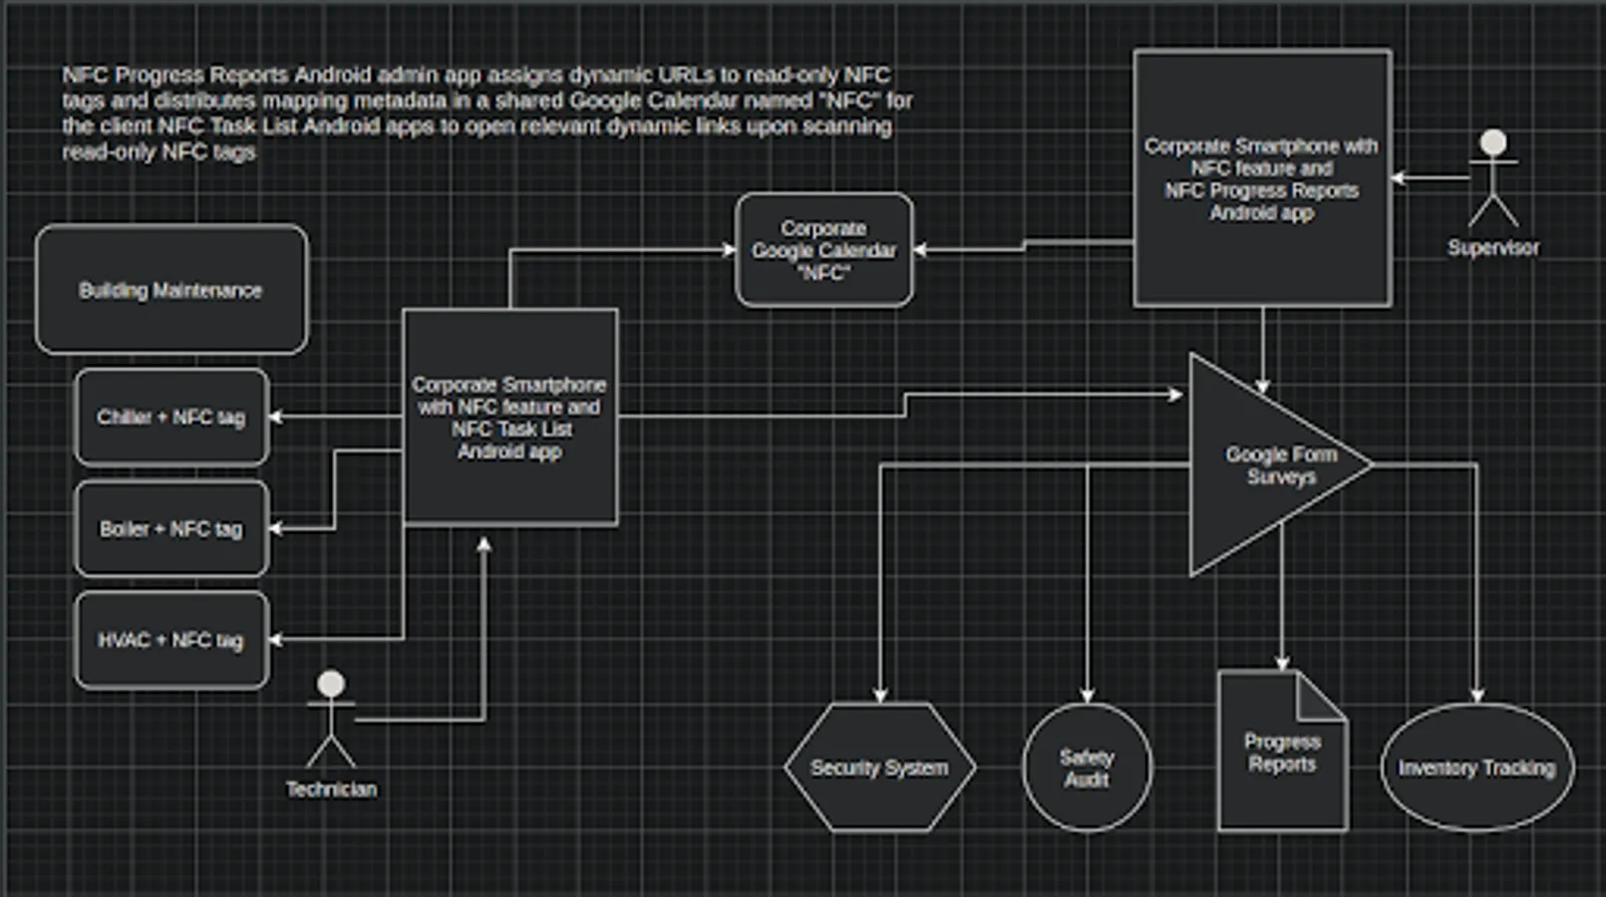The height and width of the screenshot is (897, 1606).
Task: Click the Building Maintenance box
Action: [x=171, y=290]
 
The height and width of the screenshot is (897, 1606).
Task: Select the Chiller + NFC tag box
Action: [x=171, y=417]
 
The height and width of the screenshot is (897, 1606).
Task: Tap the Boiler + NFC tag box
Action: [x=171, y=528]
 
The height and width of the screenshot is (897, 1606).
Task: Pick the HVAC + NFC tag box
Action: [x=171, y=640]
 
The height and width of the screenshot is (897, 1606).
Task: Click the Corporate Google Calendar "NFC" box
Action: [x=823, y=250]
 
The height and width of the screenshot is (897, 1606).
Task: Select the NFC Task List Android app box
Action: [x=509, y=417]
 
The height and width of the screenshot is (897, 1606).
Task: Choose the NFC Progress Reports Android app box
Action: [x=1262, y=178]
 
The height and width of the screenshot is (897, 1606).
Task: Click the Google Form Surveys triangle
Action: [x=1266, y=464]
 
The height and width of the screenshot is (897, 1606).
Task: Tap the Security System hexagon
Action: [x=879, y=767]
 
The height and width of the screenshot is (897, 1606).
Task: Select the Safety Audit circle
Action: [x=1087, y=767]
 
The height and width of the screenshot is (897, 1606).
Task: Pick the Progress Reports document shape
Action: [x=1282, y=753]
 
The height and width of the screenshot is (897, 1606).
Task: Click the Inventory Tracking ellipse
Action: [x=1476, y=767]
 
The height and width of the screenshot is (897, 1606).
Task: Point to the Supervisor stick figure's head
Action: [x=1492, y=143]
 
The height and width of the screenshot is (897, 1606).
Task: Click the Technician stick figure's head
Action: [x=331, y=684]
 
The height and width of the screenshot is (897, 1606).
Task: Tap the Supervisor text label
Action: [x=1492, y=247]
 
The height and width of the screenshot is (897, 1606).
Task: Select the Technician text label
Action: [x=331, y=789]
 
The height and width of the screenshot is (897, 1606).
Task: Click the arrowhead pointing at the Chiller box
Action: [x=276, y=417]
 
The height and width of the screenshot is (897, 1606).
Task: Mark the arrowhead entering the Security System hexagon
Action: [x=879, y=696]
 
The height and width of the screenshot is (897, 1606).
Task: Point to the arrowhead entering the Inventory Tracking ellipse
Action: [x=1476, y=696]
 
